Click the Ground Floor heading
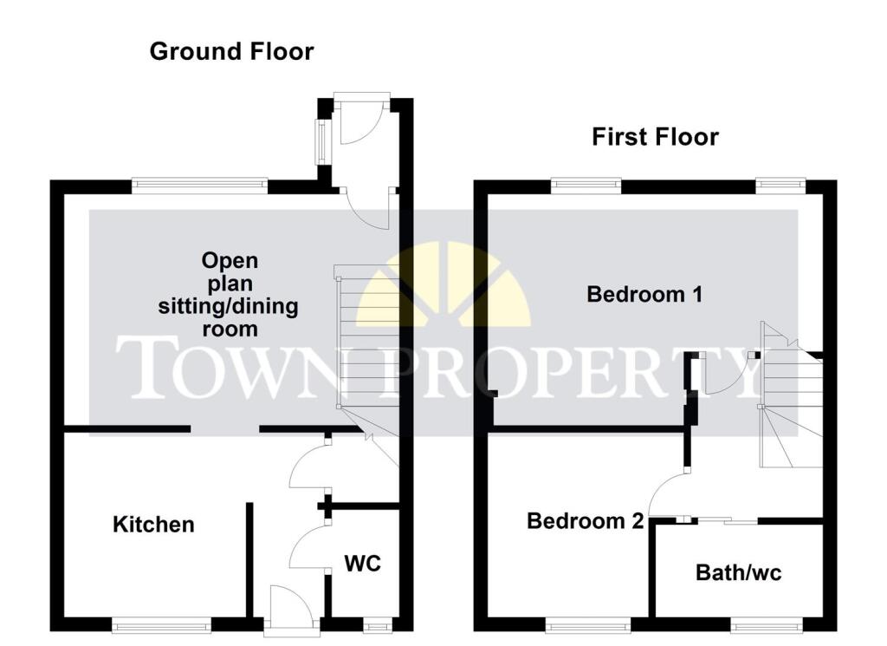pos(231,51)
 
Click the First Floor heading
pos(655,137)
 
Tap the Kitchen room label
pos(154,525)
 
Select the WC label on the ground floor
pos(363,564)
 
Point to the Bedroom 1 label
pos(644,294)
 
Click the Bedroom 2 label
pos(586,521)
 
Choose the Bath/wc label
pos(738,573)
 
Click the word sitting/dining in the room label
pos(228,306)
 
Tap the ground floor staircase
pos(366,347)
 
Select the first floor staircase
pos(789,399)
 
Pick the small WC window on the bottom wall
pos(377,623)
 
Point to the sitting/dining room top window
pos(200,183)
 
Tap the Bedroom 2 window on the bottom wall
pos(589,622)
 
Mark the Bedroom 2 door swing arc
pos(667,493)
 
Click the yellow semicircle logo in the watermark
pos(443,290)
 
